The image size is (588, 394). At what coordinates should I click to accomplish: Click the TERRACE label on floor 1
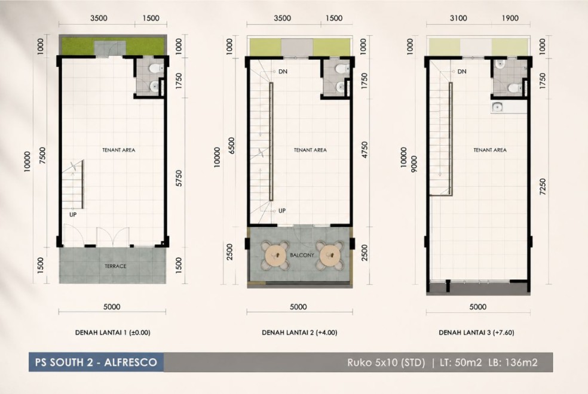(x=115, y=266)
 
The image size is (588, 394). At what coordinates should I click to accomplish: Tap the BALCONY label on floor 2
(x=302, y=255)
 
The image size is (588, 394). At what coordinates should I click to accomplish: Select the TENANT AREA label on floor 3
(x=490, y=150)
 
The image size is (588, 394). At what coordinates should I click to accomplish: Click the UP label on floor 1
(x=73, y=214)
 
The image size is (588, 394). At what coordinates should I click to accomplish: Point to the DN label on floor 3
(x=462, y=71)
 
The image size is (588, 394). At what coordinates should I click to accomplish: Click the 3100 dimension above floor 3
(x=458, y=18)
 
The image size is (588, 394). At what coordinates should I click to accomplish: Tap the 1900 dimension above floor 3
(x=510, y=18)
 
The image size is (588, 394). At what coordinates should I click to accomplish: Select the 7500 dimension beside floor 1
(x=42, y=156)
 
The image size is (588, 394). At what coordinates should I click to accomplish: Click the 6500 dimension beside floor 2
(x=231, y=146)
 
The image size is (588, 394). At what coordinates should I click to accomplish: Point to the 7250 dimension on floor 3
(x=542, y=186)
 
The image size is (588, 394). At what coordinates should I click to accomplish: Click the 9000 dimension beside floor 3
(x=414, y=164)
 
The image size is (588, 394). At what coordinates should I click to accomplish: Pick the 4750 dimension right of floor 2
(x=364, y=149)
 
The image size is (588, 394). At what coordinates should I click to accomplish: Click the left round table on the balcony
(x=275, y=256)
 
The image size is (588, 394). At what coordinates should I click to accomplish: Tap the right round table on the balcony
(x=329, y=256)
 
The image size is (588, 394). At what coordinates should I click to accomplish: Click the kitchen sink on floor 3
(x=498, y=107)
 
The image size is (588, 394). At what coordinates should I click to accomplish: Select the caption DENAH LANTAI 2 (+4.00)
(x=299, y=332)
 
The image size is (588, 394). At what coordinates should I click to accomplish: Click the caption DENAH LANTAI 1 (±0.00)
(x=112, y=332)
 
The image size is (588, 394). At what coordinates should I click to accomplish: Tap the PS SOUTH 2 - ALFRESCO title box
(x=96, y=362)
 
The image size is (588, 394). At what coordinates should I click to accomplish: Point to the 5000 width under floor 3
(x=478, y=307)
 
